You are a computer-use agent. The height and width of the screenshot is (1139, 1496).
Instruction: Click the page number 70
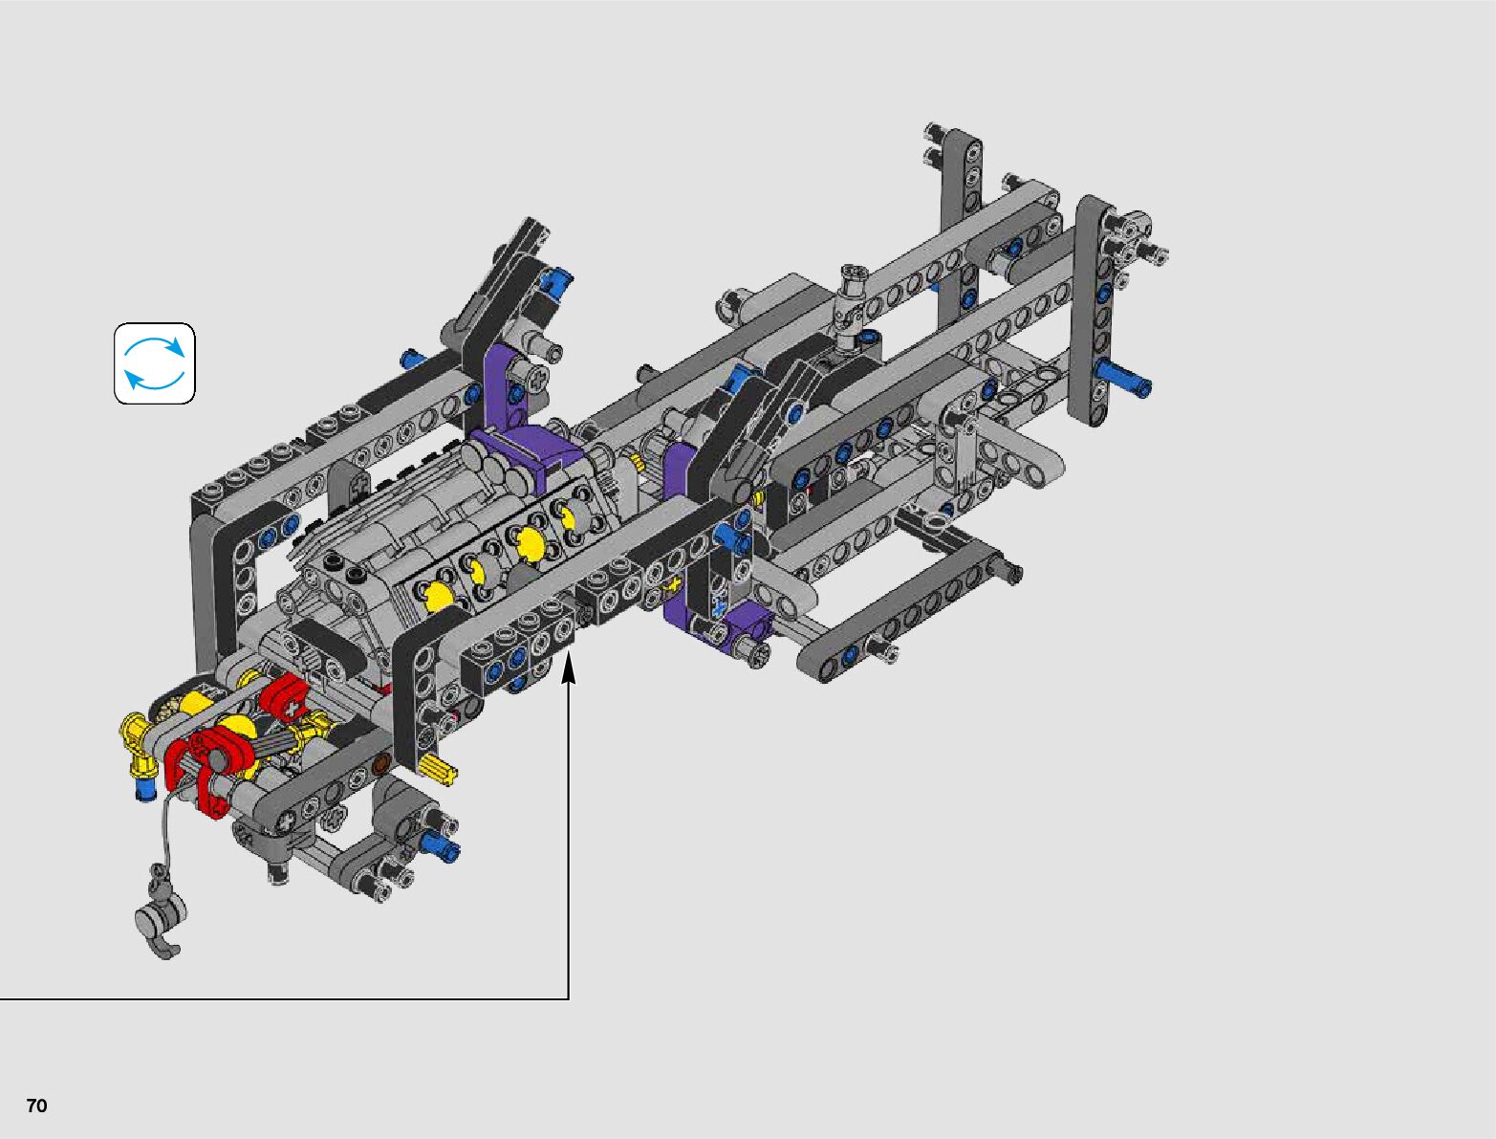(37, 1106)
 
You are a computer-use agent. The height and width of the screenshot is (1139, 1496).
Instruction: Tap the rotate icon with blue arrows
(155, 363)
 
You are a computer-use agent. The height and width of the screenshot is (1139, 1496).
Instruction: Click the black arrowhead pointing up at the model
(569, 667)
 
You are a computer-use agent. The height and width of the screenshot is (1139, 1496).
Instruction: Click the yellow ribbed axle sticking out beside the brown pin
(439, 769)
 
